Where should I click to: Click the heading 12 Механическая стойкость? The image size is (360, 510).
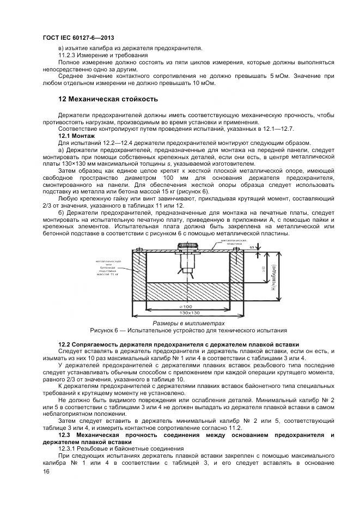108,99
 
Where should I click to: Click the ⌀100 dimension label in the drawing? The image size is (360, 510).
188,307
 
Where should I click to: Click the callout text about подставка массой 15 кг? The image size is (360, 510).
107,268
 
